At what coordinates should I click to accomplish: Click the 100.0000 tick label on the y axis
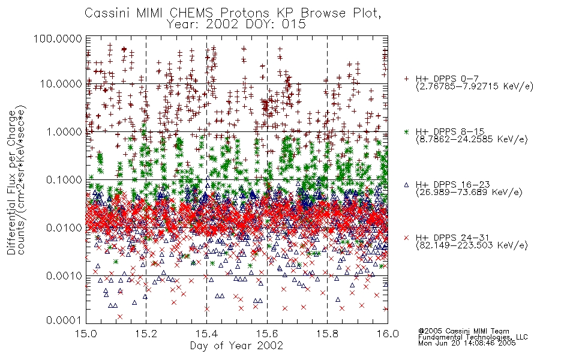(58, 38)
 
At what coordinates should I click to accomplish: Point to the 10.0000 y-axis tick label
(61, 84)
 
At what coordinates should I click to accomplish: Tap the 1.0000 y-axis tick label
(64, 131)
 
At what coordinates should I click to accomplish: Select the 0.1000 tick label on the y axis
(64, 179)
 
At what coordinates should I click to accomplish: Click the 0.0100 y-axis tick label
(64, 228)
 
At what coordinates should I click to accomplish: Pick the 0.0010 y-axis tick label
(64, 276)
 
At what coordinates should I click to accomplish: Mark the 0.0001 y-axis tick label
(64, 320)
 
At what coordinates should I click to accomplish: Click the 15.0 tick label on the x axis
(86, 334)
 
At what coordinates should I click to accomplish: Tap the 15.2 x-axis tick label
(146, 334)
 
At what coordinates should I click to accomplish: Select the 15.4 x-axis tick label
(206, 334)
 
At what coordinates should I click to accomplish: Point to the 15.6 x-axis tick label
(267, 334)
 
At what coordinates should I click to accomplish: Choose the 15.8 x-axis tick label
(327, 334)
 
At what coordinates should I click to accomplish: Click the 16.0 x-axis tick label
(388, 334)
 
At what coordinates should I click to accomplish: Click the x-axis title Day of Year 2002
(236, 346)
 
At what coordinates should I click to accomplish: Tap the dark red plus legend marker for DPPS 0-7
(406, 79)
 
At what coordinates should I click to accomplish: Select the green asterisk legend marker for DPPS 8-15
(406, 131)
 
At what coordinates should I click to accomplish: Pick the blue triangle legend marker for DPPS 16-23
(406, 185)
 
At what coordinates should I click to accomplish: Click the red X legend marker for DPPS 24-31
(406, 238)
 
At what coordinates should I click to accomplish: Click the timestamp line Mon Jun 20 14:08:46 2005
(467, 343)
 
